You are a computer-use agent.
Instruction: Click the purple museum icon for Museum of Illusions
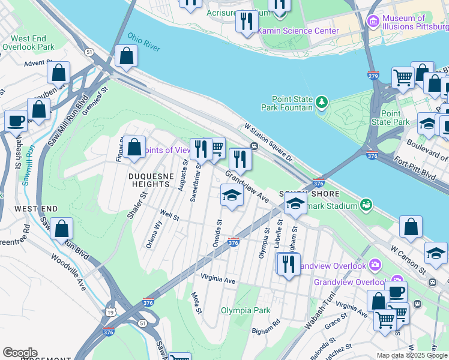373,22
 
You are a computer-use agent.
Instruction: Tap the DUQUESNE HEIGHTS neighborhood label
149,179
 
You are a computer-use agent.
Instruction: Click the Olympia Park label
245,310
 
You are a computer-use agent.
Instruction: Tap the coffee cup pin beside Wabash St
16,121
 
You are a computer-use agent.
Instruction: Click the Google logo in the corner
19,352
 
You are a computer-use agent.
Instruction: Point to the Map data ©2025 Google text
412,355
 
